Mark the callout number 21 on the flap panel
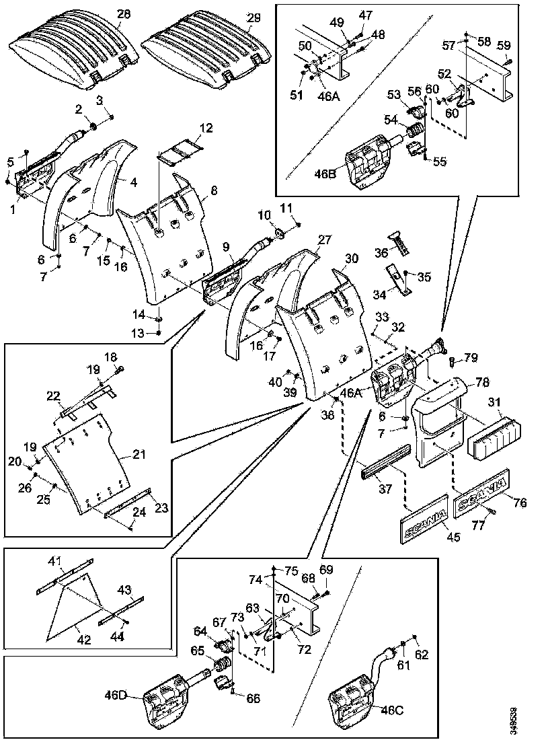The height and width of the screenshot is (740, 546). (x=139, y=455)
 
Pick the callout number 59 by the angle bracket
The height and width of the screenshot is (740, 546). (x=503, y=46)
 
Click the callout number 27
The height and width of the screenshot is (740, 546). (x=325, y=239)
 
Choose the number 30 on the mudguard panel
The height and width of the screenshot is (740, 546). (x=351, y=258)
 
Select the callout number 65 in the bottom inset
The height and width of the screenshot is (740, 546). (x=197, y=651)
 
